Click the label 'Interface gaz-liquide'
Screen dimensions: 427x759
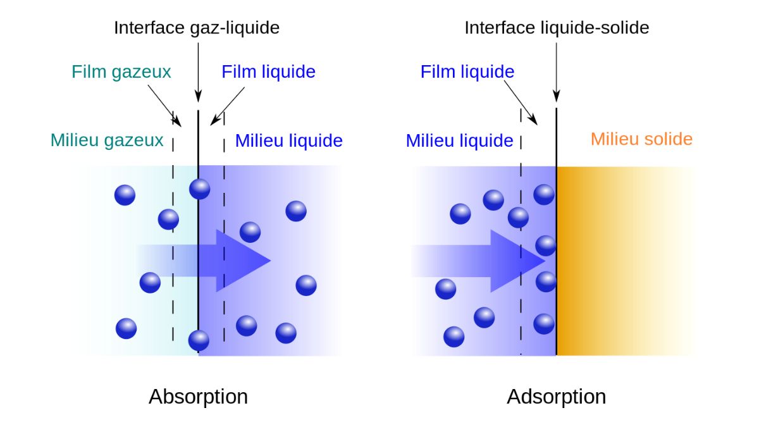[196, 28]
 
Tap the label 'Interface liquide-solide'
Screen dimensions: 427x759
[557, 28]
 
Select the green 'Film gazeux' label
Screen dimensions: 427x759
[121, 71]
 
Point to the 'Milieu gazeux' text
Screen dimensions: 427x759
[107, 140]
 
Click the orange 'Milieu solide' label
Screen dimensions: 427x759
[641, 139]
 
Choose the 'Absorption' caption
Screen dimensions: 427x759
[198, 397]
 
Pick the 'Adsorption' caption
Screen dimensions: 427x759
[556, 397]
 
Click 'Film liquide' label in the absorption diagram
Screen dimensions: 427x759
[268, 71]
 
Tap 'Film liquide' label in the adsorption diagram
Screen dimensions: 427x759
[467, 71]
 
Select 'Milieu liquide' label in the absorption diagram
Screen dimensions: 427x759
[288, 140]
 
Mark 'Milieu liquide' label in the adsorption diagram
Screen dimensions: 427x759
[459, 140]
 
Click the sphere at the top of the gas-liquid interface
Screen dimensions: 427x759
[199, 189]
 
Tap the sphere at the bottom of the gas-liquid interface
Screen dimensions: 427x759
[199, 340]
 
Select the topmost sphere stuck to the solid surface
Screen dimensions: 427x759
[544, 194]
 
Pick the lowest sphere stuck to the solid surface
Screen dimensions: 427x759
[544, 324]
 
